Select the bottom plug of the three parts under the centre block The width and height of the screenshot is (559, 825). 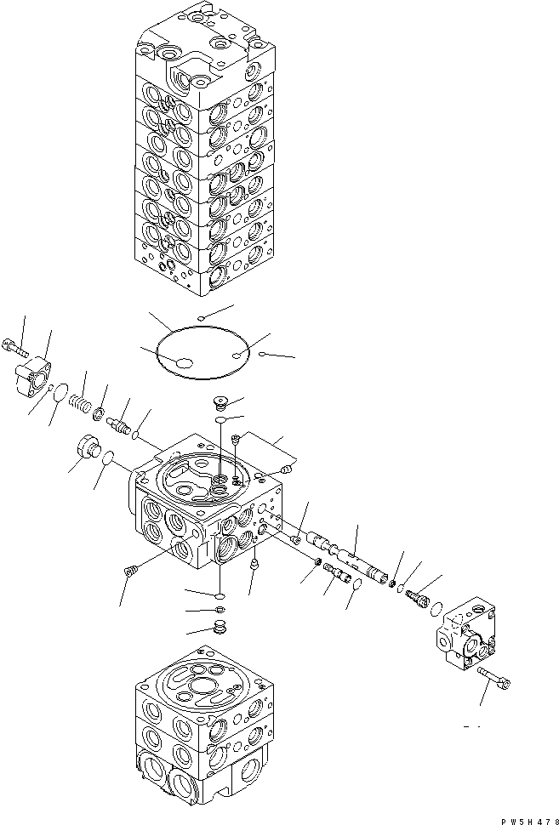pos(220,629)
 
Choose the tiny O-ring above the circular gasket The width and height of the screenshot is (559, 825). pos(201,318)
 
